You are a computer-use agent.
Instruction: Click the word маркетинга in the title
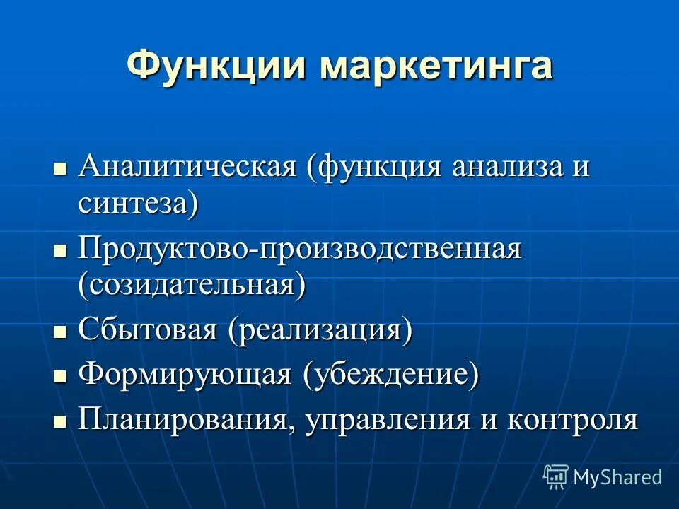click(x=436, y=65)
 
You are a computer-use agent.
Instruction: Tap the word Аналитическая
click(x=187, y=168)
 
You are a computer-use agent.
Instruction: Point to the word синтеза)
click(x=138, y=204)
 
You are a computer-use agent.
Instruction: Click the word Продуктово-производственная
click(x=300, y=250)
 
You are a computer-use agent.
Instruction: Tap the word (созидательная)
click(x=192, y=285)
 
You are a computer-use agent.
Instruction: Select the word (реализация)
click(x=319, y=329)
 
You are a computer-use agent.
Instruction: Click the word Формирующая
click(x=185, y=374)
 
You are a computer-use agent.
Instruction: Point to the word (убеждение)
click(x=390, y=374)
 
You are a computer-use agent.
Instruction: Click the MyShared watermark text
click(x=617, y=477)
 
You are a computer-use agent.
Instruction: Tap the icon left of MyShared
click(x=555, y=476)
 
